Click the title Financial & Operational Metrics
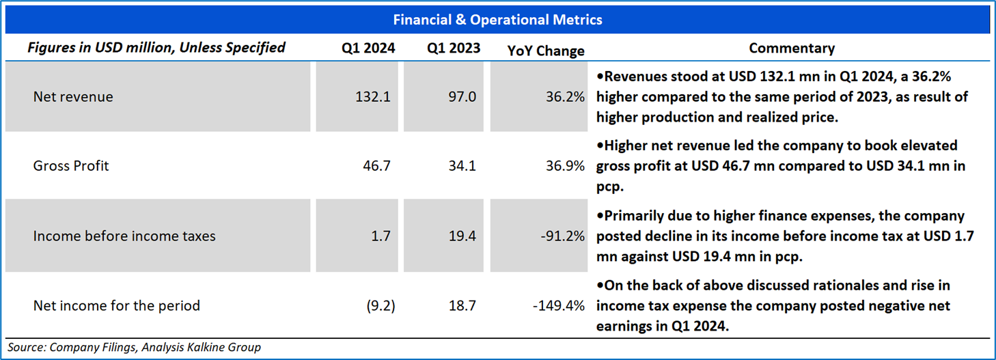click(x=497, y=20)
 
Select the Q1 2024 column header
click(x=368, y=48)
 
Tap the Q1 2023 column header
click(x=454, y=48)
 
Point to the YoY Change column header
click(x=546, y=51)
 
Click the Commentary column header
click(x=792, y=48)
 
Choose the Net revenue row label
click(x=73, y=97)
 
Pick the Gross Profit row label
click(x=71, y=166)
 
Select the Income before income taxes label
click(x=124, y=236)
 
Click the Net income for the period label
click(x=117, y=306)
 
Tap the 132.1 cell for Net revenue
click(x=372, y=97)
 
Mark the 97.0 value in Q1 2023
click(x=462, y=97)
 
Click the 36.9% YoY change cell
click(x=565, y=166)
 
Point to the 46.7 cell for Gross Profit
click(x=376, y=166)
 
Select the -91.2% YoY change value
click(x=562, y=236)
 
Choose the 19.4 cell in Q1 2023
click(x=462, y=236)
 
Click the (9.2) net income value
click(x=381, y=306)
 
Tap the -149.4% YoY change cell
click(x=559, y=306)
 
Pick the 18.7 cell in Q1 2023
click(x=462, y=306)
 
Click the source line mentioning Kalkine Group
click(x=134, y=347)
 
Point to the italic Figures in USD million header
click(x=156, y=48)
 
